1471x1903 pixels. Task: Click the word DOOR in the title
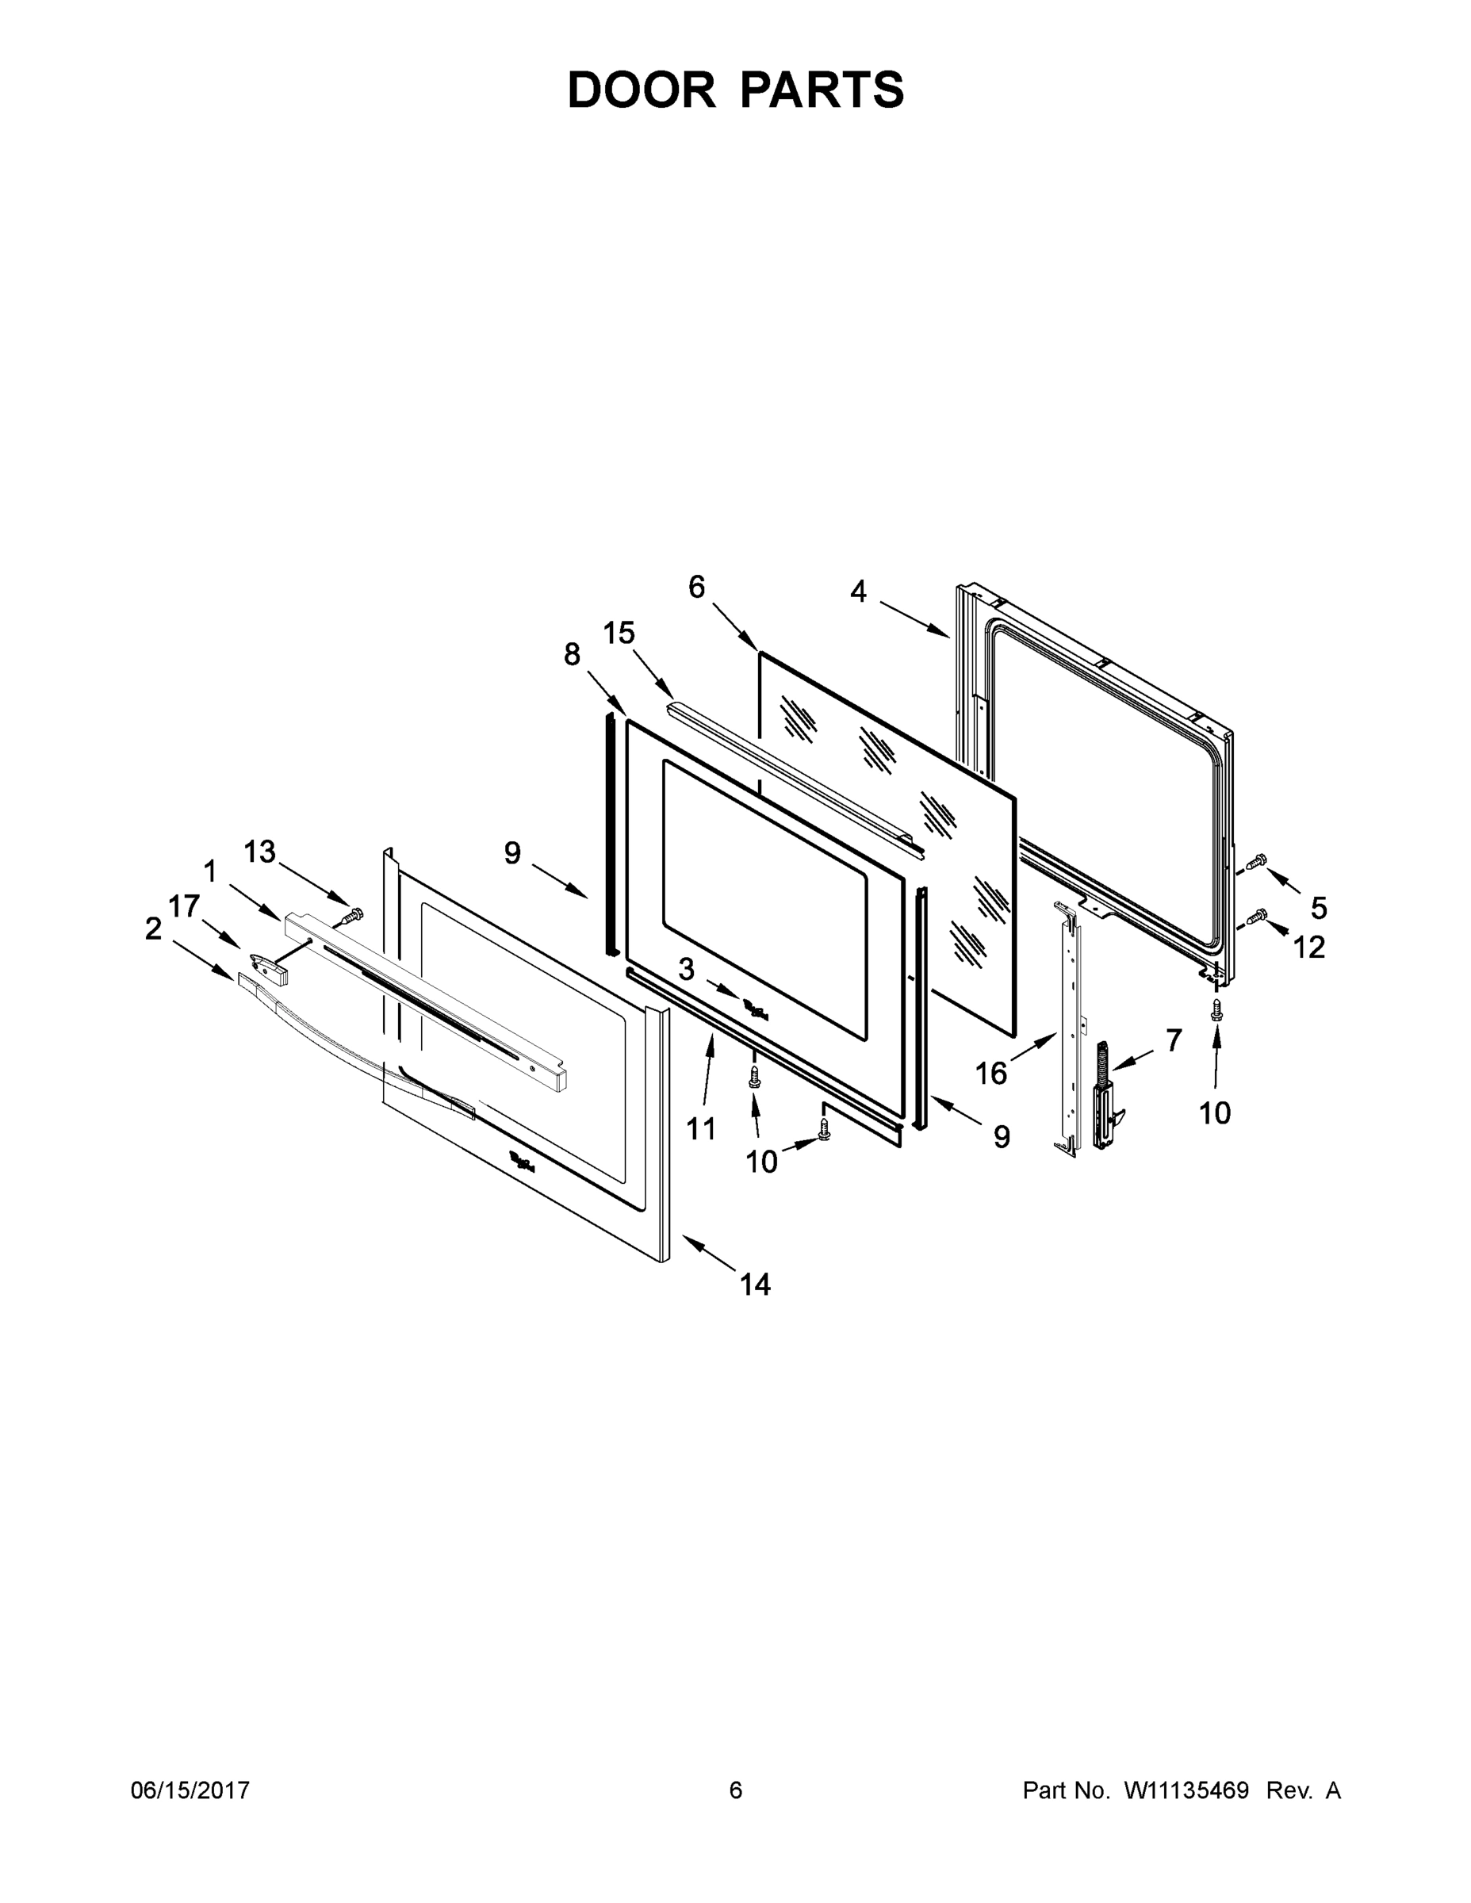642,90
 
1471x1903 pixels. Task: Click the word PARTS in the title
822,90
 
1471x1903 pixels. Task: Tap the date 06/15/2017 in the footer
190,1790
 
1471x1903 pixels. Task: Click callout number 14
755,1284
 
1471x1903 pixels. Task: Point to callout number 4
858,592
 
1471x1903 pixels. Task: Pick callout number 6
696,588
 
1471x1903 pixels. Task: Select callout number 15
619,633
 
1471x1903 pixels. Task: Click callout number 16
990,1074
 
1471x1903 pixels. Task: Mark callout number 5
1319,908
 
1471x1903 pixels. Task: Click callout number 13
259,852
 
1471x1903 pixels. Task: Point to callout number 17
184,906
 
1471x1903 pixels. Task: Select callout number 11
701,1129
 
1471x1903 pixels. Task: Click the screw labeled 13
353,915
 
